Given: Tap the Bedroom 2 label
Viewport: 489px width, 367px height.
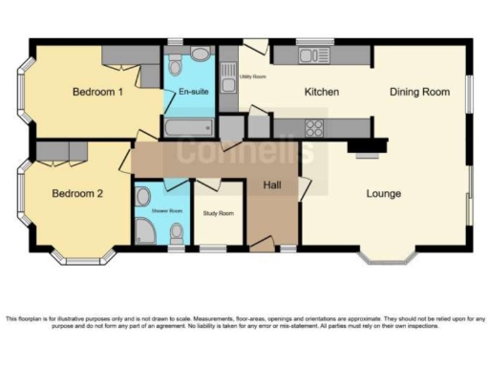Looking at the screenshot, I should coord(76,193).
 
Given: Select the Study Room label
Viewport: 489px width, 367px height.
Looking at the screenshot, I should coord(218,212).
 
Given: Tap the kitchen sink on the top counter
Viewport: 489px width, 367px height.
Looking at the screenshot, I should coord(313,55).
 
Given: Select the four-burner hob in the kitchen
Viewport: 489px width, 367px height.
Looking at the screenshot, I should coord(314,127).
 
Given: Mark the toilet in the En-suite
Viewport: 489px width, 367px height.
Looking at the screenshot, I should coord(202,56).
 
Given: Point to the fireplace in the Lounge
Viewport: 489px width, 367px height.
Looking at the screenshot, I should coord(367,148).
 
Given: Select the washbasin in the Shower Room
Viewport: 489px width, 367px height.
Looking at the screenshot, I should coord(142,198).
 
